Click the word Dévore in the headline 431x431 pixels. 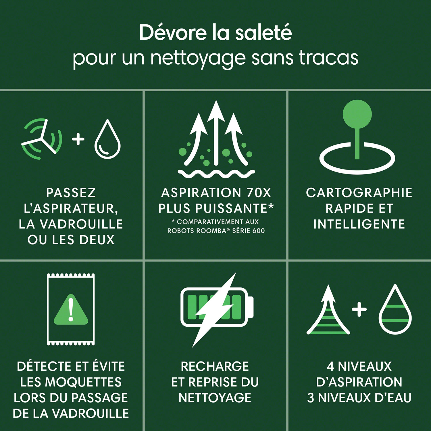coord(173,32)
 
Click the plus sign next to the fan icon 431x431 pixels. coord(78,139)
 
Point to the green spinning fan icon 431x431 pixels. coord(42,139)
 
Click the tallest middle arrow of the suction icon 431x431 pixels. coord(216,133)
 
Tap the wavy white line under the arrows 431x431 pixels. coord(216,173)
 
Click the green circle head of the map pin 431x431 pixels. coord(357,114)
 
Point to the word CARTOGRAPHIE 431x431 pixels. coord(359,193)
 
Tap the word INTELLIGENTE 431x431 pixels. coord(359,224)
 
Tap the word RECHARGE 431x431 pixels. coord(215,366)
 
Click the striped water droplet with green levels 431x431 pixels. coord(395,309)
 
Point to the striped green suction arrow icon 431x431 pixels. coord(328,310)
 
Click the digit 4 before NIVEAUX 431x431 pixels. coord(330,366)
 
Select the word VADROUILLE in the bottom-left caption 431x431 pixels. coord(91,413)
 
